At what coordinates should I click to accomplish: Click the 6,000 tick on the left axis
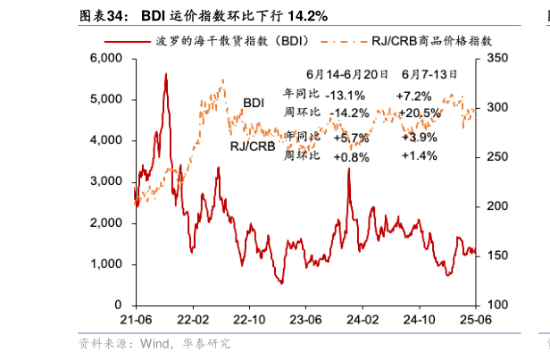105,58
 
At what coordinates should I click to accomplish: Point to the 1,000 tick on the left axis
105,264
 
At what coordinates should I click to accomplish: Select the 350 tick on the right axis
496,58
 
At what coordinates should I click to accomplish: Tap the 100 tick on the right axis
496,306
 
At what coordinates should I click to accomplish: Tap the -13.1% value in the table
345,96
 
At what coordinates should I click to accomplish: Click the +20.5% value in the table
419,113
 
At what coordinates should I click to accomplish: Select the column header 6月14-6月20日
346,75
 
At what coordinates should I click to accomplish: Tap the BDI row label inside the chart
254,104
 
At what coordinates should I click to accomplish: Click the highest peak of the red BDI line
165,75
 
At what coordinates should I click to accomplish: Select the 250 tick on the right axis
496,157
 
